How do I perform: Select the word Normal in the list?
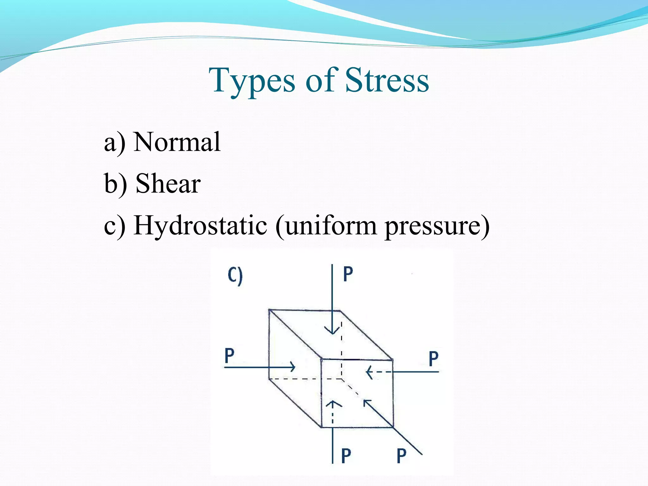click(177, 142)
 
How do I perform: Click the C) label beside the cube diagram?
click(235, 276)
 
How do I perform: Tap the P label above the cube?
click(348, 274)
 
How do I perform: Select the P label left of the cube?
click(229, 356)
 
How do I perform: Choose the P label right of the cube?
click(433, 359)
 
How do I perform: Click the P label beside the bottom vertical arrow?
click(346, 456)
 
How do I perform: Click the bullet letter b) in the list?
click(115, 184)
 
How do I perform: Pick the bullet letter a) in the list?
click(115, 143)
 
